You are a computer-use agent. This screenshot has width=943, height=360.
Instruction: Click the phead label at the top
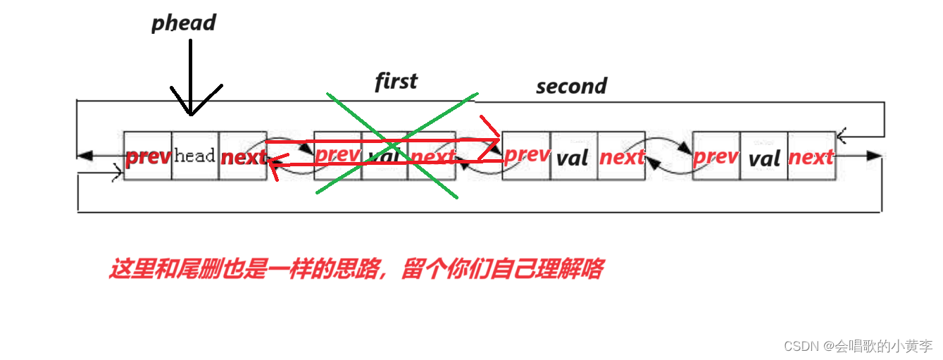tap(184, 23)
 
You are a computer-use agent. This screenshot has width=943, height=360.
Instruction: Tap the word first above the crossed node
tap(396, 81)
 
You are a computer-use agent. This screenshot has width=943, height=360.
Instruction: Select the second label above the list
tap(571, 86)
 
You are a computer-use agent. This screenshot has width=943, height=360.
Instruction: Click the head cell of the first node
tap(194, 156)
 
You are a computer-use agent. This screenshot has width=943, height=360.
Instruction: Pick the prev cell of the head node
tap(148, 156)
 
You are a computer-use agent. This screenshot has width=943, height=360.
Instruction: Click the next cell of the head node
tap(243, 156)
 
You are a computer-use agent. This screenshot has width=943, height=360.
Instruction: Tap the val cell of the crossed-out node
tap(385, 156)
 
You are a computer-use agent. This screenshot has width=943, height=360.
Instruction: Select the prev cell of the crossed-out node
tap(338, 156)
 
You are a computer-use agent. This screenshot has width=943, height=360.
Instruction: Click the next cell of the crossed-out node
tap(432, 156)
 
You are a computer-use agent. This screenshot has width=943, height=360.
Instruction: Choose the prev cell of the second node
tap(527, 156)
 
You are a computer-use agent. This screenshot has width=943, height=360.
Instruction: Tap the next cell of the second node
tap(621, 156)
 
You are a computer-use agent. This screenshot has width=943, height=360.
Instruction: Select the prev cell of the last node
tap(716, 156)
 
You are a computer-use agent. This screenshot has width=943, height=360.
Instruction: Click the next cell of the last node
tap(811, 156)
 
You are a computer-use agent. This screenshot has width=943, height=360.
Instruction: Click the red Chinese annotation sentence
tap(355, 269)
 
